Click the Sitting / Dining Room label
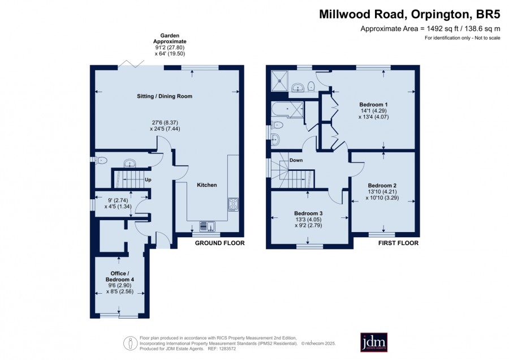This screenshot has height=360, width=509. pos(164,96)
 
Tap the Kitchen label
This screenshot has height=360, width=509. pos(207,185)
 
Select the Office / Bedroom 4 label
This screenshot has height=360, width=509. pos(120,276)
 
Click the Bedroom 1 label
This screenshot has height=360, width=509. pos(373,105)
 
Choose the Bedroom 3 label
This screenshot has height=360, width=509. pos(308,213)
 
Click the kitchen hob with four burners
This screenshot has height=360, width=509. pos(233,204)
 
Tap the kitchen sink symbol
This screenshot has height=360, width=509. pos(207,226)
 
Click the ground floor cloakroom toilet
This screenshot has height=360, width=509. pos(101,160)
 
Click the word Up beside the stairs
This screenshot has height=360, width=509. pos(148,179)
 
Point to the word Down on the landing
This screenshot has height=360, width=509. pos(296,160)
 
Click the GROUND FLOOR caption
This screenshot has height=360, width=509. pos(220,243)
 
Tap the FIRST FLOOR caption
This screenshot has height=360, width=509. pos(398,243)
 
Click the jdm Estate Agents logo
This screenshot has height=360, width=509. pos(374,342)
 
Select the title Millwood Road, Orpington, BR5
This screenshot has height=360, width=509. pos(409,14)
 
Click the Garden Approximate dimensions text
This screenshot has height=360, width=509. pos(170,45)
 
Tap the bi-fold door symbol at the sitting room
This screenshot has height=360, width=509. pos(131,63)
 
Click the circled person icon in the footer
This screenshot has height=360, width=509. pos(130,343)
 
